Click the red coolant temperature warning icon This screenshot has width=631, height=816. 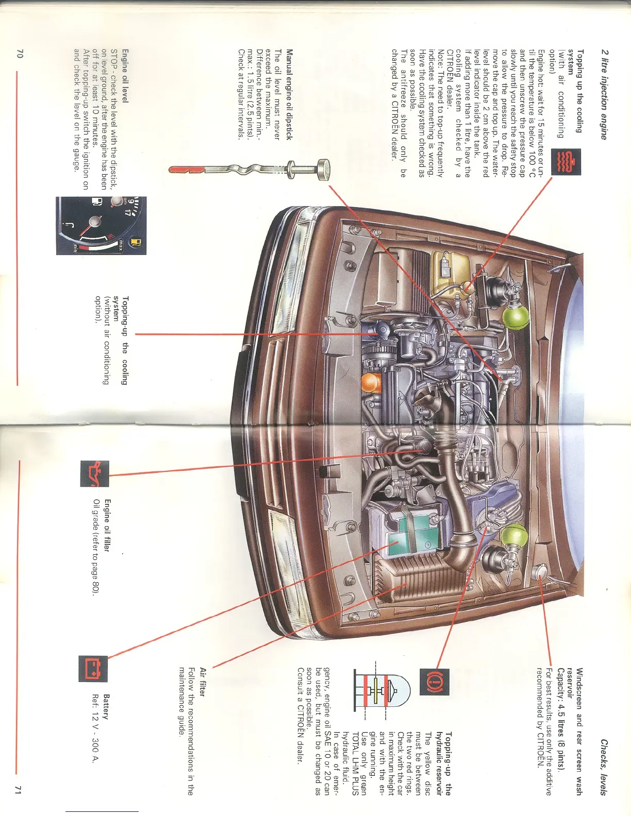[566, 162]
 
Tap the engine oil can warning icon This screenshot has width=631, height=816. [94, 473]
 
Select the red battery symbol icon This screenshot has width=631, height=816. [93, 669]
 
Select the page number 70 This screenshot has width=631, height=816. [20, 53]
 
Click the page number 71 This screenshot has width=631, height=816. [19, 790]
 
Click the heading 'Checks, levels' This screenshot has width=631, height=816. [603, 767]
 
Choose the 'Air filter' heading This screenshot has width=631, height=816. [203, 682]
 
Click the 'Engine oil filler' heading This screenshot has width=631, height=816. [107, 525]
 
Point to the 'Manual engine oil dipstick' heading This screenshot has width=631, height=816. [289, 94]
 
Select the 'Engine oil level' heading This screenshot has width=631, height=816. [125, 76]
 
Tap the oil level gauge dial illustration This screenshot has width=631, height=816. [101, 226]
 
